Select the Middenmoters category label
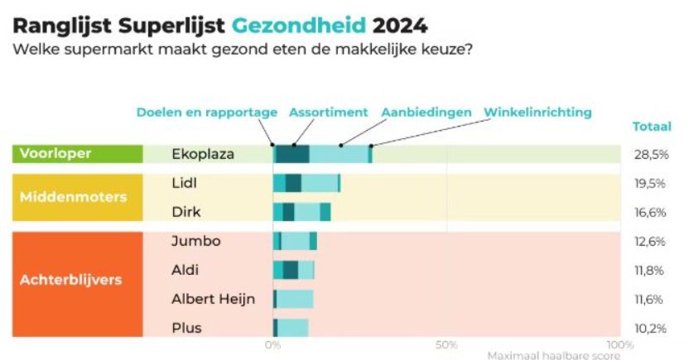74,198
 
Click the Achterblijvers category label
70,280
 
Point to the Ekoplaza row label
203,154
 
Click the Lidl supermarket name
184,183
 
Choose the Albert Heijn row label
213,299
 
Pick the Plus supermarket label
186,328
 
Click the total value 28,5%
650,155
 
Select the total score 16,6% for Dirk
650,213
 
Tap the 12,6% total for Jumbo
650,242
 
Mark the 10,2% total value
650,329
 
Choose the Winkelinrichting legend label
537,112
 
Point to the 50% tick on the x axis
446,344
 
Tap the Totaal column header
652,127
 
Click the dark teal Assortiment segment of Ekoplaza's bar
292,154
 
